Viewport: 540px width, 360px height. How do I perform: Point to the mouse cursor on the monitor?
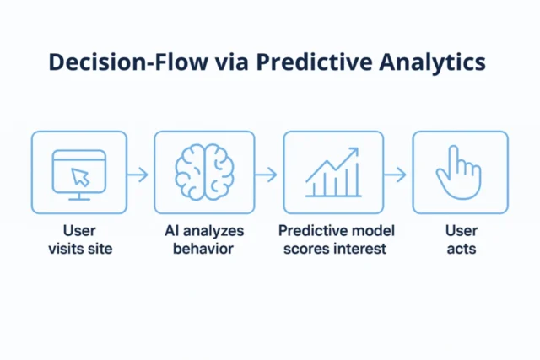[80, 176]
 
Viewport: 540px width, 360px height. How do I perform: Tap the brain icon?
[204, 171]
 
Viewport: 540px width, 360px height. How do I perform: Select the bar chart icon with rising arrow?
[332, 172]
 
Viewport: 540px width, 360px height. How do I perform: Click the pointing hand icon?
[457, 172]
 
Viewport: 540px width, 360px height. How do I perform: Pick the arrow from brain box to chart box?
[267, 175]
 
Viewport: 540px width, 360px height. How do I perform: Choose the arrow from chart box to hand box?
[395, 175]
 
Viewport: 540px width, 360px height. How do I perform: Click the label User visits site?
[79, 239]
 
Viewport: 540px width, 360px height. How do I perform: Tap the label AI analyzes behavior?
[203, 239]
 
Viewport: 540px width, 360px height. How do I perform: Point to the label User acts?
[461, 239]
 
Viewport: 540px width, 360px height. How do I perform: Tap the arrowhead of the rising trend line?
[354, 152]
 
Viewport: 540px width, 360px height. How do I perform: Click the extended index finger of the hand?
[453, 158]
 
